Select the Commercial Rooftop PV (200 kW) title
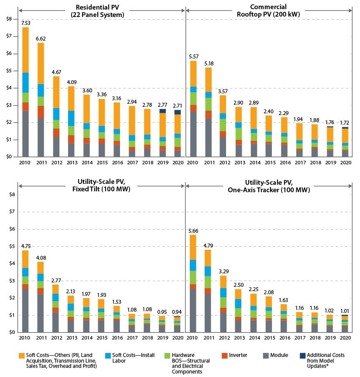tap(268, 11)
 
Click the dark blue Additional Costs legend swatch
tap(303, 356)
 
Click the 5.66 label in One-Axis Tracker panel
tap(192, 231)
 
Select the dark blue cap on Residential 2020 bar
tap(178, 112)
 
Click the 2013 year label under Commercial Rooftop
tap(238, 163)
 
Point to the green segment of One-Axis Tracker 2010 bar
tap(192, 277)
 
